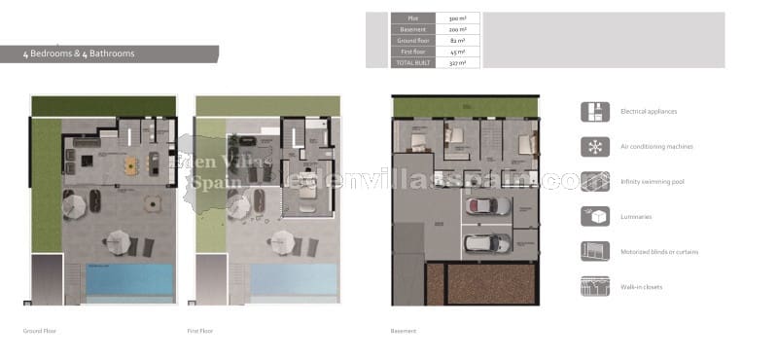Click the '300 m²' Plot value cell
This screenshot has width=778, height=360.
click(x=457, y=18)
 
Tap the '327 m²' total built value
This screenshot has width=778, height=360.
click(x=457, y=62)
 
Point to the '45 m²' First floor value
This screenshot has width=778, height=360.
click(x=457, y=52)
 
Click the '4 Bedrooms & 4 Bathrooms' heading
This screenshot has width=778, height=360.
click(x=80, y=54)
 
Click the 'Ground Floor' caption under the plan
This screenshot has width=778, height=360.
click(x=40, y=331)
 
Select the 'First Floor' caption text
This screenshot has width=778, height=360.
click(x=200, y=331)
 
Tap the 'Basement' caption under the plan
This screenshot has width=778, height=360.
click(x=404, y=331)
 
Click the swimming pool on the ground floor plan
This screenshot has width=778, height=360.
click(x=129, y=279)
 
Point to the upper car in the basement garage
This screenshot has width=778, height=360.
click(x=488, y=205)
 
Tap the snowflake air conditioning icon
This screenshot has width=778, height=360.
click(x=594, y=147)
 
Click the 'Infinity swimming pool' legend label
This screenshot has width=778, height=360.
click(x=653, y=182)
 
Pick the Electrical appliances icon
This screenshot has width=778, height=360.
click(x=594, y=112)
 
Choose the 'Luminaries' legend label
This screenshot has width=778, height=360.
click(x=638, y=217)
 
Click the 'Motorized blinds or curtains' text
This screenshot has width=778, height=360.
click(x=659, y=252)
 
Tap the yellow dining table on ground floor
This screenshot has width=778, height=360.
click(x=130, y=167)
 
